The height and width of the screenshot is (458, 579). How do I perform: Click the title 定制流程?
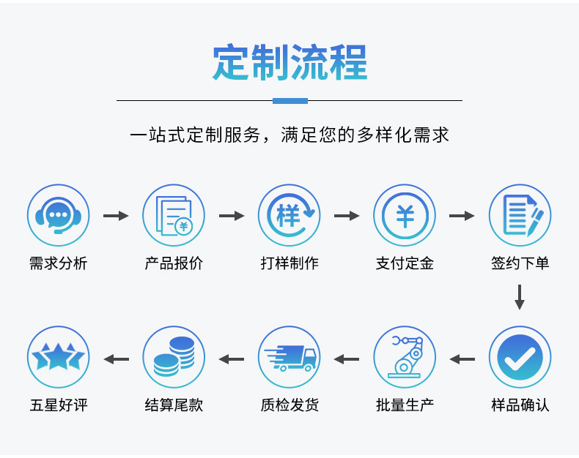click(289, 62)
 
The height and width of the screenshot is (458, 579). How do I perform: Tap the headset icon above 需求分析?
click(58, 215)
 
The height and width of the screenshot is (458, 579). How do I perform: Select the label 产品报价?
click(174, 263)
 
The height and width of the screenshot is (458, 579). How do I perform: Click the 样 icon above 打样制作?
click(289, 215)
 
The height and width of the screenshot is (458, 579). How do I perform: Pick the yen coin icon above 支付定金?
click(405, 215)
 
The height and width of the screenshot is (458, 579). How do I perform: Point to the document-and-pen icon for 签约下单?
click(520, 215)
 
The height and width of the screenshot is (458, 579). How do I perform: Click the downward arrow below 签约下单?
click(520, 297)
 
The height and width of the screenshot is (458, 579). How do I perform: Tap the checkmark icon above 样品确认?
click(520, 357)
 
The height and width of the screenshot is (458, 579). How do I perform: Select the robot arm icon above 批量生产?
click(405, 357)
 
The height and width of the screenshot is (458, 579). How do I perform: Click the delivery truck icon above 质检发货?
click(289, 357)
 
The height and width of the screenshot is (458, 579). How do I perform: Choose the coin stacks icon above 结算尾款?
click(174, 357)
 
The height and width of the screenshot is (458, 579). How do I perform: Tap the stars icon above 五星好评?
click(58, 357)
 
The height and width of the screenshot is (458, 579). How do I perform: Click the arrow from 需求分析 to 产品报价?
click(116, 216)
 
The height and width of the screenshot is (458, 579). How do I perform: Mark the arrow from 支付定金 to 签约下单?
click(462, 216)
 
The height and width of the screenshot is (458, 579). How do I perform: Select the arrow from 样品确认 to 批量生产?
click(462, 359)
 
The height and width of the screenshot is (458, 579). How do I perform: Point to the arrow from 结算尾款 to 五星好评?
click(116, 359)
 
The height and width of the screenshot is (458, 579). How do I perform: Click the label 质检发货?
click(289, 405)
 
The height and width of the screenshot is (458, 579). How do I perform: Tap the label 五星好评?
click(58, 405)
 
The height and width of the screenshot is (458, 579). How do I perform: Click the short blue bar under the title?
click(289, 100)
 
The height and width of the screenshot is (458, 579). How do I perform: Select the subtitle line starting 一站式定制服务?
click(289, 135)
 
